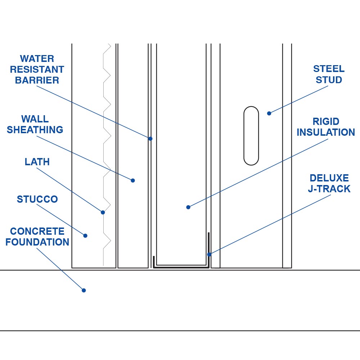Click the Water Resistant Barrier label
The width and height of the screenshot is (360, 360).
point(37,69)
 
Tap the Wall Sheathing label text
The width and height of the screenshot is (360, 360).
point(35,125)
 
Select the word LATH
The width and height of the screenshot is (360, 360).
point(37,162)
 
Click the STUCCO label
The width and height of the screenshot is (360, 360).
point(37,199)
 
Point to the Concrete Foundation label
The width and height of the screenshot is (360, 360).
point(37,237)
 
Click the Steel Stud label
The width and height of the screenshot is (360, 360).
point(329,75)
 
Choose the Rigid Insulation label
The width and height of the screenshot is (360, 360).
point(326,127)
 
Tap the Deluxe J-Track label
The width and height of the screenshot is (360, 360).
point(329,184)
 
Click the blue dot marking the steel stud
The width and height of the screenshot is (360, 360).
point(269,113)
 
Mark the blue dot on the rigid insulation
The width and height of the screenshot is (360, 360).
point(188,207)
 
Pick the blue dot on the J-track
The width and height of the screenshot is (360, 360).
point(209,255)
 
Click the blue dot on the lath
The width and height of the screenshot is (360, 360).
point(103,212)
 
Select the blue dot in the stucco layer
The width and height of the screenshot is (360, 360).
point(85,236)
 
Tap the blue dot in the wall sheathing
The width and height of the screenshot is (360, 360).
point(133,180)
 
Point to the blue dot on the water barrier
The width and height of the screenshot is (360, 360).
point(150,139)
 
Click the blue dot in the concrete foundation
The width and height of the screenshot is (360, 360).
point(84,290)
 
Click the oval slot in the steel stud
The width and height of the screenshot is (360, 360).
point(251,136)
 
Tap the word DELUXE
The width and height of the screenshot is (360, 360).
point(329,178)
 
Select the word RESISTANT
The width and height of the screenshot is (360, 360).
point(37,69)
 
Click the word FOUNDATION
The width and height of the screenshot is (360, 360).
point(37,242)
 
